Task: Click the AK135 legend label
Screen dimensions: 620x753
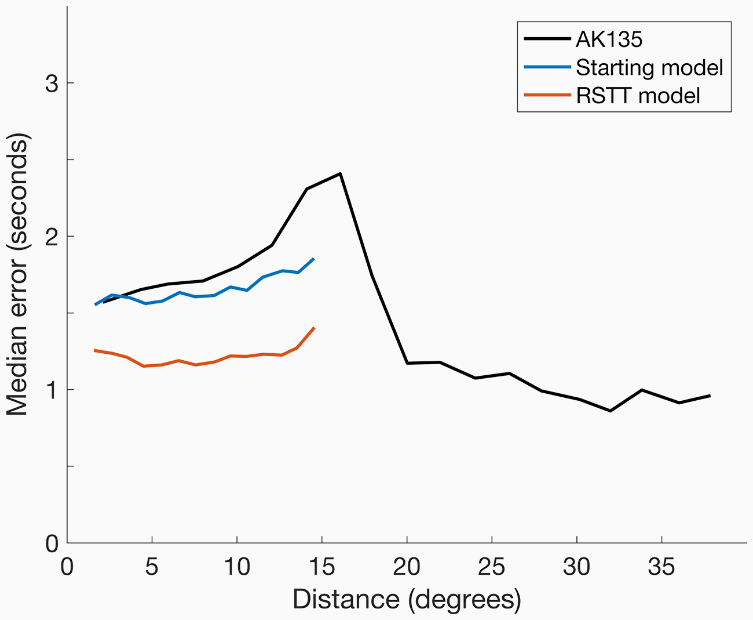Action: pyautogui.click(x=609, y=40)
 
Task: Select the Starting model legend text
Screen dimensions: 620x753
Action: pyautogui.click(x=649, y=68)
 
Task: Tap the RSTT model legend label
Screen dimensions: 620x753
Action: pyautogui.click(x=638, y=96)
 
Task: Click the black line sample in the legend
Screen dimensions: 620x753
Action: pyautogui.click(x=547, y=39)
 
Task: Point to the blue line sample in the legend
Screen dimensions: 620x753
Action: pyautogui.click(x=547, y=67)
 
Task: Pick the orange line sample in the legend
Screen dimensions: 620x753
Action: pyautogui.click(x=547, y=95)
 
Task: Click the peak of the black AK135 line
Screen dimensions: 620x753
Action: pyautogui.click(x=340, y=173)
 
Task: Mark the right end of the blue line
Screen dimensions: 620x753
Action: pyautogui.click(x=314, y=258)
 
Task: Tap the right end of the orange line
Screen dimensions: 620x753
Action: pyautogui.click(x=314, y=328)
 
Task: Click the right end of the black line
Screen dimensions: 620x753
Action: pyautogui.click(x=710, y=396)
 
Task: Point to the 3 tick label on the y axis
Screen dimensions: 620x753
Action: pyautogui.click(x=52, y=84)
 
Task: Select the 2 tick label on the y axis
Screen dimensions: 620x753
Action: pyautogui.click(x=52, y=237)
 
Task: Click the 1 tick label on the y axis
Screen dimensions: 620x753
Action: pyautogui.click(x=52, y=390)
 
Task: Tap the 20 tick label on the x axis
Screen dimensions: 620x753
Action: pyautogui.click(x=407, y=567)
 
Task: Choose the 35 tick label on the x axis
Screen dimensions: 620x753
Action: pyautogui.click(x=661, y=567)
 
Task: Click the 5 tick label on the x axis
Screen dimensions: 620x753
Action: pyautogui.click(x=152, y=567)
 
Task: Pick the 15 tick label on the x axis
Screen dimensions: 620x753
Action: pyautogui.click(x=321, y=567)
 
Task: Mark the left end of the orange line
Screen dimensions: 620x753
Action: pyautogui.click(x=94, y=350)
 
